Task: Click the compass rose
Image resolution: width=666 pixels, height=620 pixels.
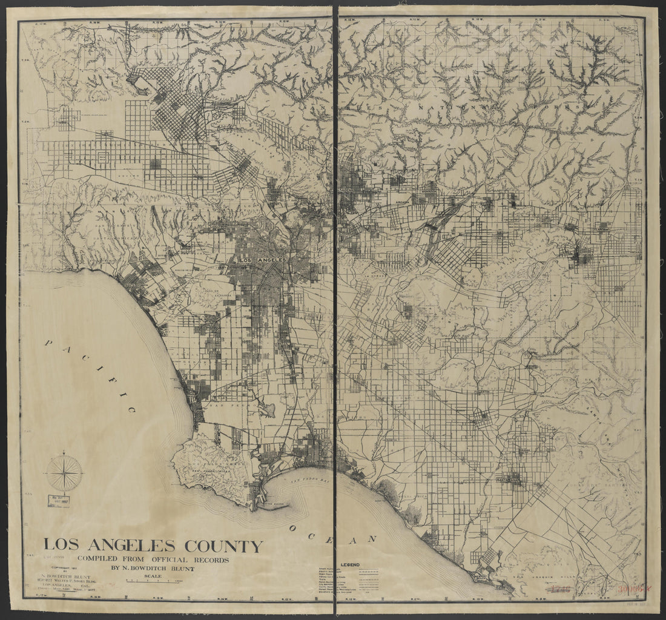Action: pos(64,472)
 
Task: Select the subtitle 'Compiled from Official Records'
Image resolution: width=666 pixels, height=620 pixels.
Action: pos(153,559)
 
